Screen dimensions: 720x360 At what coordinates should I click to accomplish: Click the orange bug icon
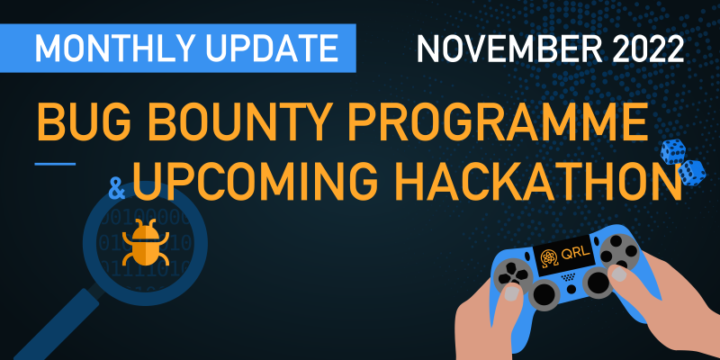[x=146, y=243]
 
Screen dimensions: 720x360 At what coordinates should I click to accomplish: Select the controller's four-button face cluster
[x=619, y=252]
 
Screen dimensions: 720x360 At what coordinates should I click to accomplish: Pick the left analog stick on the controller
[x=544, y=295]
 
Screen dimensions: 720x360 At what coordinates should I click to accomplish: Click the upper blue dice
[x=672, y=151]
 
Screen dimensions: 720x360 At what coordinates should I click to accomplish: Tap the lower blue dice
[x=691, y=173]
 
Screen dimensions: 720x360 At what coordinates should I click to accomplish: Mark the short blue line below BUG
[x=55, y=164]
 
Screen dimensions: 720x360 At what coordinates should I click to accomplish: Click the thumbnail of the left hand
[x=512, y=294]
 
